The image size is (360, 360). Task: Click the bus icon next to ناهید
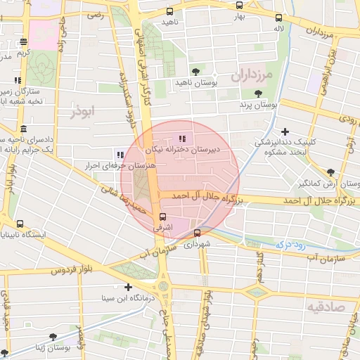tap(169, 11)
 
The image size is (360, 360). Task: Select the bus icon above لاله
tap(279, 18)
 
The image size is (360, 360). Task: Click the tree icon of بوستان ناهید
tap(195, 72)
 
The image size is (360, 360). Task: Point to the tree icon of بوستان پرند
tap(259, 93)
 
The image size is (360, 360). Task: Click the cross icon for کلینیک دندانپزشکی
tap(285, 131)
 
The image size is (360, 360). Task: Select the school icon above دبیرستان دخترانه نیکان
tap(183, 139)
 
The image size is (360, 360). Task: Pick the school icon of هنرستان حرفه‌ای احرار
tap(120, 155)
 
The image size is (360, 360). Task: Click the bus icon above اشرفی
tap(163, 217)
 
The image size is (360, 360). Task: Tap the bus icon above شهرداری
tap(197, 233)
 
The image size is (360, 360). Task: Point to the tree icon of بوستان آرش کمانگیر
tap(330, 172)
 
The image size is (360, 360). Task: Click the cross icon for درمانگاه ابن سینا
tap(128, 287)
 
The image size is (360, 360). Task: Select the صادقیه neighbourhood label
tap(326, 306)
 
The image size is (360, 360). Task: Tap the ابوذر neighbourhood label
tap(82, 111)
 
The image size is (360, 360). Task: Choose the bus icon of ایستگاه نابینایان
tap(19, 223)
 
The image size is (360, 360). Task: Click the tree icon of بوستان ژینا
tap(53, 337)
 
